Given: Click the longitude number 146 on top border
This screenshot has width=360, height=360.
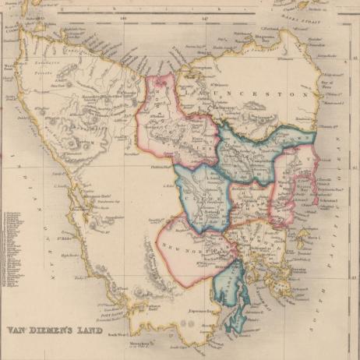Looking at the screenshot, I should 123,15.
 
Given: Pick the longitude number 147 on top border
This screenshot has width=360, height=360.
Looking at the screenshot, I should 204,15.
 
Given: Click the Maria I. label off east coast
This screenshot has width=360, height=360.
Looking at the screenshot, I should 314,236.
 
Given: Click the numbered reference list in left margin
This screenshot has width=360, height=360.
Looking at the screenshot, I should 14,249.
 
